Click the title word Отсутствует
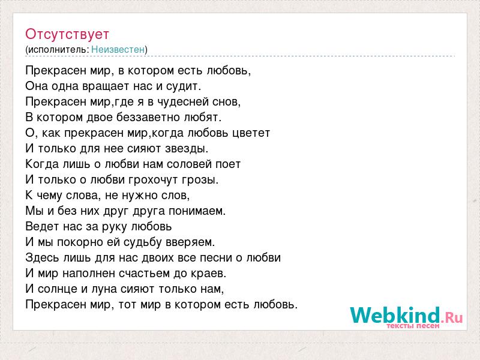pyautogui.click(x=67, y=34)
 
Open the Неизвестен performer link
pyautogui.click(x=118, y=49)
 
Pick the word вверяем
pyautogui.click(x=190, y=242)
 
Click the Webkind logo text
pyautogui.click(x=406, y=315)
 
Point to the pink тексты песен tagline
pyautogui.click(x=413, y=326)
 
